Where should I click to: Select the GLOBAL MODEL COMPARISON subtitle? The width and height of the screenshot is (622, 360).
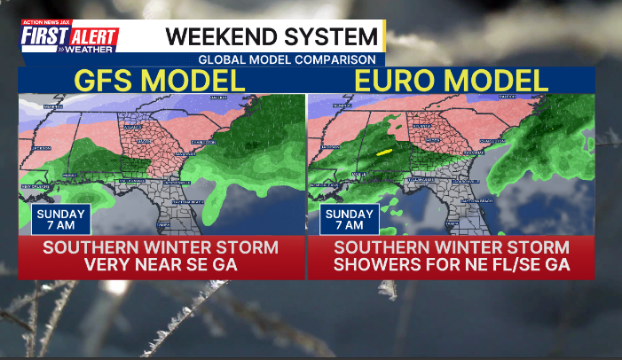[287, 59]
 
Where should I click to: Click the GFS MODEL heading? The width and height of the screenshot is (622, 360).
[160, 81]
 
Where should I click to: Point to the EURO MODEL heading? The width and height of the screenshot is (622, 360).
[451, 81]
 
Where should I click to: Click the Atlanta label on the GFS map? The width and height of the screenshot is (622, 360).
[133, 128]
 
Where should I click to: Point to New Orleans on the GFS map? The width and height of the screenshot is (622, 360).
[34, 187]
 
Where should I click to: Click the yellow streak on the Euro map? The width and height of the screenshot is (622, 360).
[384, 153]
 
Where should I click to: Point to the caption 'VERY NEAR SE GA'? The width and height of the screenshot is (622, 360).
[161, 264]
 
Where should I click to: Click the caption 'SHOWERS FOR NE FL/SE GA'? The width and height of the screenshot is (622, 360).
[451, 264]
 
